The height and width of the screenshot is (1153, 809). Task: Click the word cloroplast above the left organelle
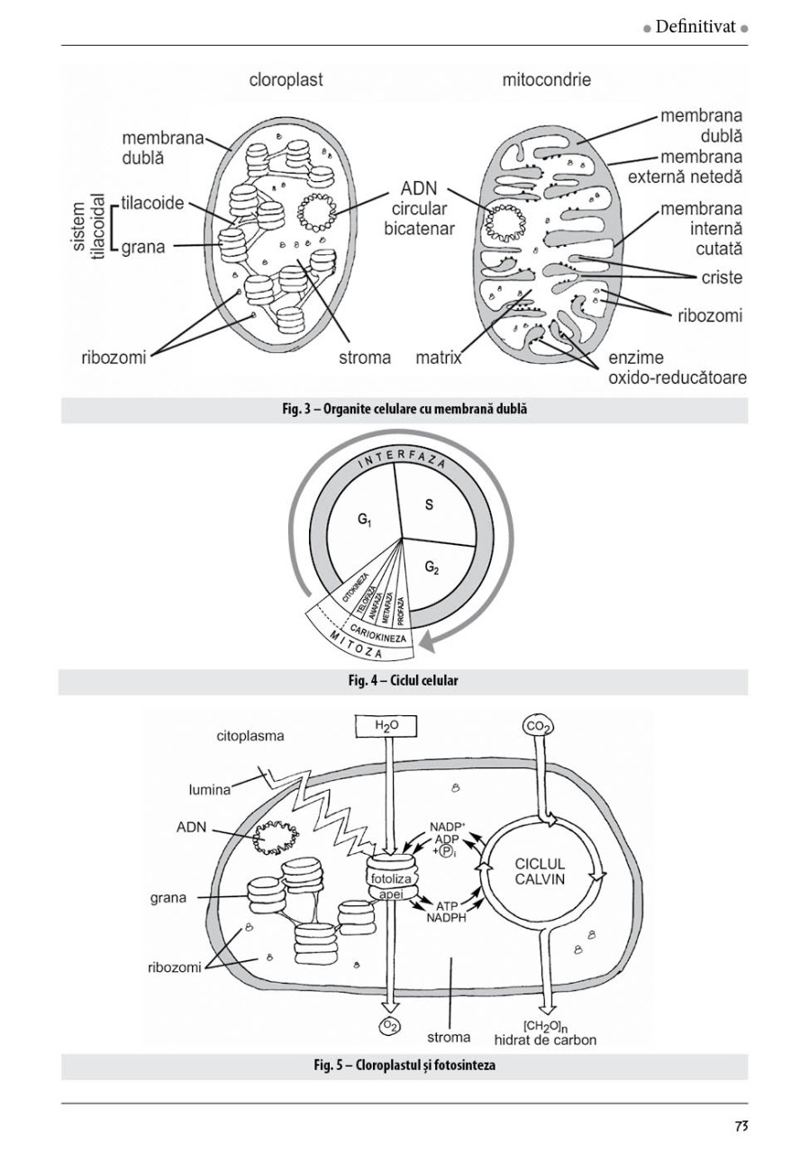tap(286, 80)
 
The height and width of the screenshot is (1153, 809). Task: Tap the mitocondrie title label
tap(546, 80)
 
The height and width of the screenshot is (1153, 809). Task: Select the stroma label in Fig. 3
tap(365, 358)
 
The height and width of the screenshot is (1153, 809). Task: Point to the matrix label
tap(438, 358)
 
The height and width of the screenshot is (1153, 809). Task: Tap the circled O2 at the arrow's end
tap(390, 1026)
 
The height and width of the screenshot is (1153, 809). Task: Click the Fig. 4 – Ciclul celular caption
tap(403, 681)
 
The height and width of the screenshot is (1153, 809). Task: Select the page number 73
tap(741, 1126)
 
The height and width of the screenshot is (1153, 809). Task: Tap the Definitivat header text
tap(697, 28)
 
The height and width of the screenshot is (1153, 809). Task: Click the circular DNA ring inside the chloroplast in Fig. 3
tap(317, 213)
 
